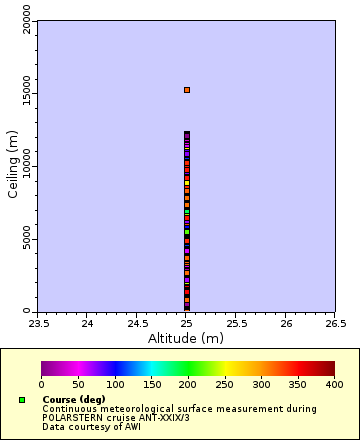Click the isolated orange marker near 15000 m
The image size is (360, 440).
(186, 90)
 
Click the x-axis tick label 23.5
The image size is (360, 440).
(38, 323)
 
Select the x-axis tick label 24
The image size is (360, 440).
(88, 323)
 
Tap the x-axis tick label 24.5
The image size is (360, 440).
(137, 323)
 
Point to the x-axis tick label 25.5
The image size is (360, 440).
(236, 323)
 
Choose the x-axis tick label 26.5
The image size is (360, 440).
(335, 323)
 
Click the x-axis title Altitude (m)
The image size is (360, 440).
(186, 338)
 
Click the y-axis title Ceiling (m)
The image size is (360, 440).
(13, 166)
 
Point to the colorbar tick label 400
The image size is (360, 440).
(334, 384)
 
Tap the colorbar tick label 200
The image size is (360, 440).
(188, 384)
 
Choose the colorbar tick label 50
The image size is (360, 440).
(78, 384)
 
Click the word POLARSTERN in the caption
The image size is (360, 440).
(76, 417)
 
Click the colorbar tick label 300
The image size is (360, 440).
(261, 384)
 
